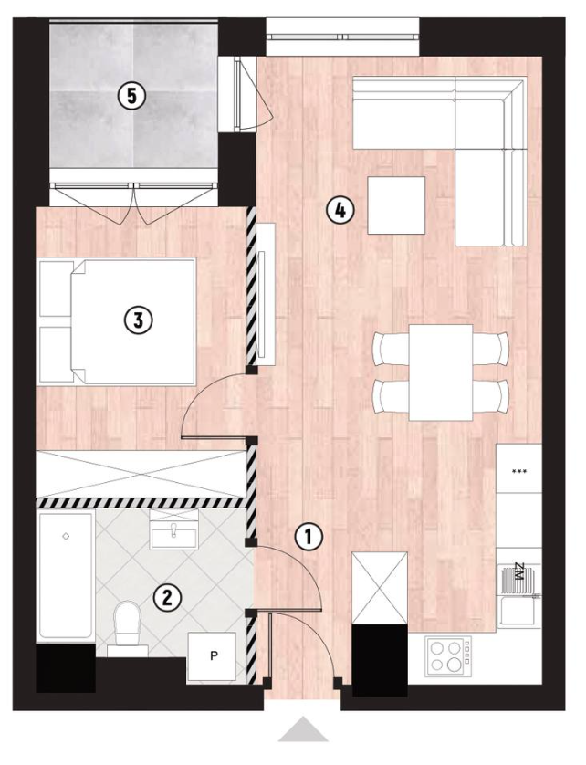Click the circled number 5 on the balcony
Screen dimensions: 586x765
(x=131, y=96)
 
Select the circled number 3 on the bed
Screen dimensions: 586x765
(x=139, y=320)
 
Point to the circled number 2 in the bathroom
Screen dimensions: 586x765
(x=167, y=597)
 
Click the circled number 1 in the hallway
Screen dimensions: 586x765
(x=309, y=537)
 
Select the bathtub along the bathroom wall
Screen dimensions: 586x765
(x=66, y=576)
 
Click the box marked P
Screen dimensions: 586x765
(x=213, y=656)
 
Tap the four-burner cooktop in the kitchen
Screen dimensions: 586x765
(x=448, y=655)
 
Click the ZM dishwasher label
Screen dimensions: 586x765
(x=518, y=571)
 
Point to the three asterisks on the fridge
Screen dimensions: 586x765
(x=519, y=471)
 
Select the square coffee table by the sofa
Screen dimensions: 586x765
(x=396, y=205)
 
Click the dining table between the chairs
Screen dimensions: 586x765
(x=441, y=372)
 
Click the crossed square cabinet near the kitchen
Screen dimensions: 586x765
(x=380, y=588)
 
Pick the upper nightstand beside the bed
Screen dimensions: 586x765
(x=56, y=288)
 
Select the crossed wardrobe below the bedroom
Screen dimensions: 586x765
(x=141, y=474)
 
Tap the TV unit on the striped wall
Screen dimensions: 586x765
(x=266, y=294)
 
